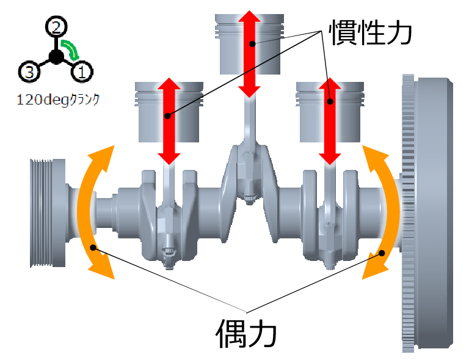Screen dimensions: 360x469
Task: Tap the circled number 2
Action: pos(56,27)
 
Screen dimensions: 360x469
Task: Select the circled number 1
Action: pos(82,73)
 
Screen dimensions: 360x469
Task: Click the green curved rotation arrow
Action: pos(71,49)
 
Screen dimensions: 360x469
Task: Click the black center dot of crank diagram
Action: pos(56,57)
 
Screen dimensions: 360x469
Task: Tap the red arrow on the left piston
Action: pos(169,121)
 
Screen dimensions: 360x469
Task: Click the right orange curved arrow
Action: pos(384,211)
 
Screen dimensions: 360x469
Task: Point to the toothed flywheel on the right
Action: pos(430,214)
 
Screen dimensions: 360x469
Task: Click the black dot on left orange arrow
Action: pos(93,247)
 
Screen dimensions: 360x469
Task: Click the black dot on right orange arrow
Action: pos(382,252)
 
